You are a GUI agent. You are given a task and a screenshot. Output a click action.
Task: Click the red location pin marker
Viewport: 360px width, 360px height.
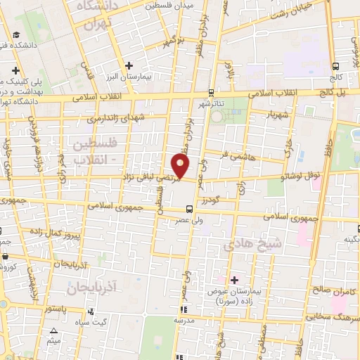tap(181, 166)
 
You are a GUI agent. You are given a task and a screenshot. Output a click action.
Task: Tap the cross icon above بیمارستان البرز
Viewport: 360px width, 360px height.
tap(129, 65)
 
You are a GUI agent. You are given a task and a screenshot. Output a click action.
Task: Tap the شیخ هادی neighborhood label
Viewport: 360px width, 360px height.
tap(252, 244)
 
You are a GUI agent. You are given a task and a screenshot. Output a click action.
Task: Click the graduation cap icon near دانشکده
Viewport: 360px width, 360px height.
tap(16, 35)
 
